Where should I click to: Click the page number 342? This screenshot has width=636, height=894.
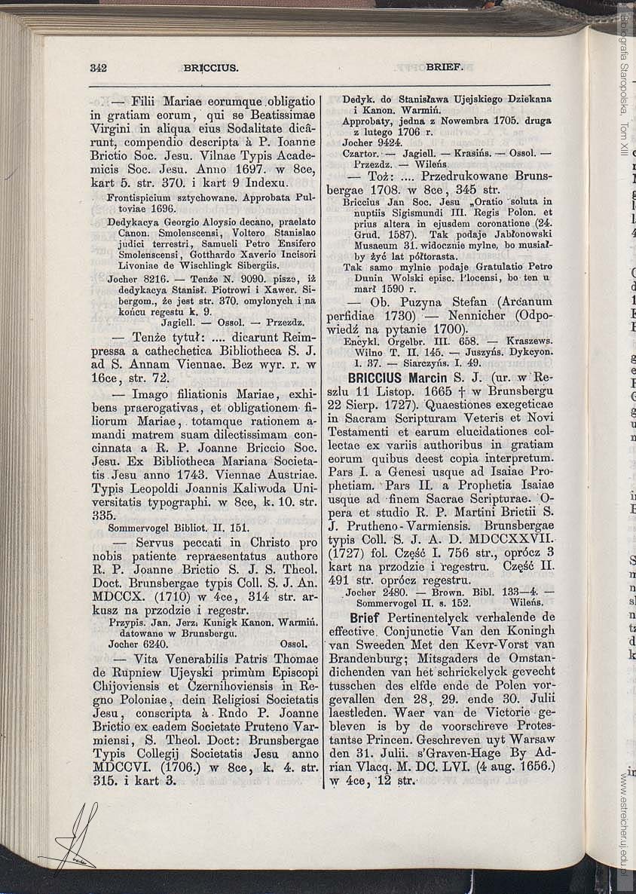click(98, 68)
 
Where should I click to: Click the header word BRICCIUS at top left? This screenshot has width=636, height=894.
click(211, 68)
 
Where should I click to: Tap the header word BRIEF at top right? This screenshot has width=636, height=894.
click(444, 67)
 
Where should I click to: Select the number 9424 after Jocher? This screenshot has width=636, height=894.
click(388, 142)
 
